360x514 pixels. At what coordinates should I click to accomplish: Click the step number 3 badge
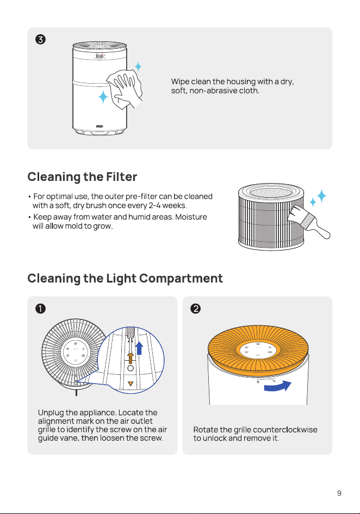point(40,40)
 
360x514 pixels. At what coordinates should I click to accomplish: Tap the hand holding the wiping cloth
point(126,89)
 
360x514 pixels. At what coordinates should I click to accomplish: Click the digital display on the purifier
point(100,57)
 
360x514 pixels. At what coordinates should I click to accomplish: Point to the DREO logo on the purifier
point(100,126)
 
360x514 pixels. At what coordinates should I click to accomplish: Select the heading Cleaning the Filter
point(82,177)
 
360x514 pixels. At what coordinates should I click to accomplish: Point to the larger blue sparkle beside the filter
point(321,196)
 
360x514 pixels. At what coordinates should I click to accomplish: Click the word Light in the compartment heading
point(121,279)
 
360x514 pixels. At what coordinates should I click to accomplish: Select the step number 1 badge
point(40,309)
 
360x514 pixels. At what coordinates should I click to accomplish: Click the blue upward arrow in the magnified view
point(139,348)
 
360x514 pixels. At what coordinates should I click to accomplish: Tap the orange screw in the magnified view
point(131,358)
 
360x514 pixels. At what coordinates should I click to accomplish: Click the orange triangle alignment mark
point(131,384)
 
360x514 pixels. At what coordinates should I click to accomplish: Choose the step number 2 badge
point(196,309)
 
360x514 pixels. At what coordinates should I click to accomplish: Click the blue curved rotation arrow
point(278,386)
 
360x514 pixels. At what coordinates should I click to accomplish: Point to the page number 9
point(339,493)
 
